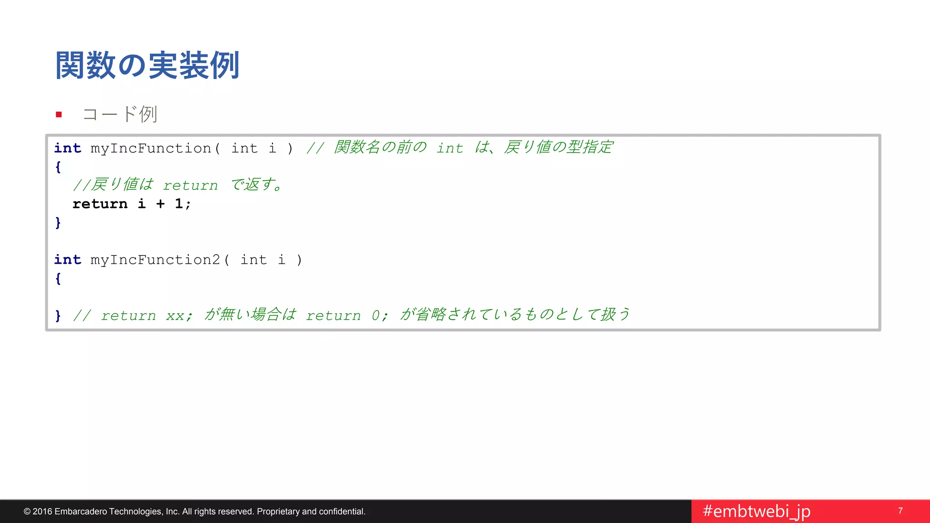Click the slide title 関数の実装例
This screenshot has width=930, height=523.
[147, 65]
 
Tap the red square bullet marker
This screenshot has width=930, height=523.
[59, 114]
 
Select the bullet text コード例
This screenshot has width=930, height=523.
[120, 114]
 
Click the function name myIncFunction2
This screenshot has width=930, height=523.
[155, 260]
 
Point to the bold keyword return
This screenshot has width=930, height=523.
[100, 204]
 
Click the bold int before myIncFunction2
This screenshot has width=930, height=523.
[68, 260]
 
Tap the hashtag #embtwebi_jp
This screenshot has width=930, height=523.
[756, 511]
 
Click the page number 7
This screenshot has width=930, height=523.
[900, 511]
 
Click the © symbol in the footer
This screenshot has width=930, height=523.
[27, 512]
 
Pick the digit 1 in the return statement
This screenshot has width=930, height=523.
[179, 204]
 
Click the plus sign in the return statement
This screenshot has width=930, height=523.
[160, 204]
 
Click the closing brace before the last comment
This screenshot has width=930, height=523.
[58, 315]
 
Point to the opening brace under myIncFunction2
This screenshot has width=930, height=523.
[58, 278]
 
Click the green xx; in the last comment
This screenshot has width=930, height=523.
[179, 315]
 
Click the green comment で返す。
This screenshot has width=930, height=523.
[257, 185]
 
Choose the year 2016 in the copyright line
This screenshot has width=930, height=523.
[42, 512]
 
